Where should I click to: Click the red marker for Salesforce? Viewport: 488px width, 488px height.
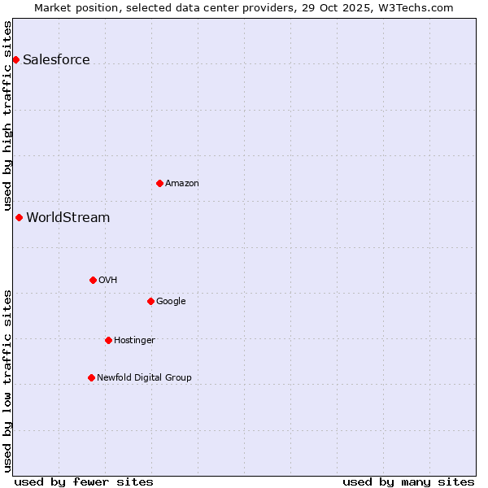(15, 59)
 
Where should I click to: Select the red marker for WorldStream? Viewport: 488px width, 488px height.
(19, 217)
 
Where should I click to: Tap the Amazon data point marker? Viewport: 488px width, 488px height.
(159, 183)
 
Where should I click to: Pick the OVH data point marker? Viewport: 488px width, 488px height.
(93, 280)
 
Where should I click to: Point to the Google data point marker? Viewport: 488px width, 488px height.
(150, 301)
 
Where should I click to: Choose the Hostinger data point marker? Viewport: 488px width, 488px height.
(108, 340)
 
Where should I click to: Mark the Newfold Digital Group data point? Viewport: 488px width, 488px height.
(91, 377)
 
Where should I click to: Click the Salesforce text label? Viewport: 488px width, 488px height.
(56, 59)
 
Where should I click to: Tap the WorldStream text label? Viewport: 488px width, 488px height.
(68, 217)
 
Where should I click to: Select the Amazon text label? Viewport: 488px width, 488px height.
(181, 183)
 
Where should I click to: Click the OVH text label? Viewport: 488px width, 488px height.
(107, 280)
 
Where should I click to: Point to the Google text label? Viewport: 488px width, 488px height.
(171, 301)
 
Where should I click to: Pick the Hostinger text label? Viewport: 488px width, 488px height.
(134, 340)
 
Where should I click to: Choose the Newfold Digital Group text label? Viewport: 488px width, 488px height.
(144, 377)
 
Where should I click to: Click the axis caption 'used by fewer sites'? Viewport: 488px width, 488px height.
(84, 481)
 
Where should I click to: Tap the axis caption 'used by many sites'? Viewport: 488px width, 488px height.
(408, 481)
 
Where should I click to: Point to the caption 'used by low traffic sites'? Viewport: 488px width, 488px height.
(7, 380)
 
